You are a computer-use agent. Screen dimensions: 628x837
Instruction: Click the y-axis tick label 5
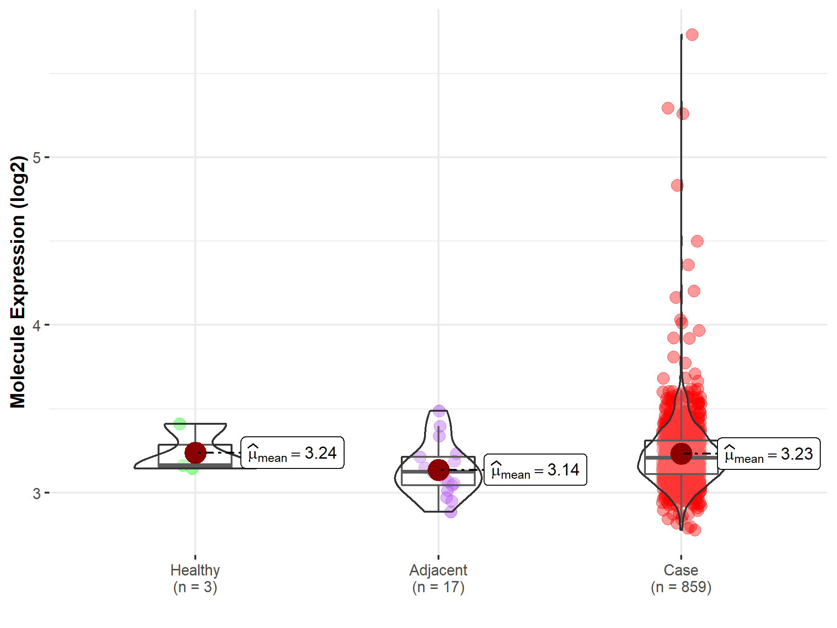click(x=36, y=158)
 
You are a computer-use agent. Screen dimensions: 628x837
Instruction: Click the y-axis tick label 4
click(x=36, y=325)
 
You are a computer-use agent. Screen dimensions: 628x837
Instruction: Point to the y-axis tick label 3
click(x=36, y=493)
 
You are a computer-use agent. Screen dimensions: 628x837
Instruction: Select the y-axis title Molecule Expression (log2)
click(x=18, y=282)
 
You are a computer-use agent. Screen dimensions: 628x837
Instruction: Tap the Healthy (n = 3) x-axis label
click(x=195, y=578)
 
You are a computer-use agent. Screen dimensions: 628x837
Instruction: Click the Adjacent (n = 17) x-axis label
click(x=438, y=578)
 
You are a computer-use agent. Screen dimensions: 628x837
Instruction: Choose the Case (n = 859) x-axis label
click(x=681, y=578)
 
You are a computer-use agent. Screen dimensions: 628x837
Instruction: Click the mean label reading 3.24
click(x=292, y=453)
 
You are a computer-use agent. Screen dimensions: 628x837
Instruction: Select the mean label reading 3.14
click(x=535, y=470)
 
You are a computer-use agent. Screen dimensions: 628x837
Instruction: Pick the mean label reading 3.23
click(x=769, y=454)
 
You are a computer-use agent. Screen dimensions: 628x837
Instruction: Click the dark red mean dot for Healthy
click(x=195, y=453)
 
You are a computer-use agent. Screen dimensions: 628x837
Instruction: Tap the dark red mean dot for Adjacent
click(x=438, y=470)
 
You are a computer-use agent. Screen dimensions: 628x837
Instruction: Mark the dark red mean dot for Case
click(x=681, y=454)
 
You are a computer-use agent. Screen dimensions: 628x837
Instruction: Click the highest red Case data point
click(x=692, y=34)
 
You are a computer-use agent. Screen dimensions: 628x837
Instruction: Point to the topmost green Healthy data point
click(x=179, y=424)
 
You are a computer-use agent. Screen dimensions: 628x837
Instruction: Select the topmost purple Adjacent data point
click(x=439, y=411)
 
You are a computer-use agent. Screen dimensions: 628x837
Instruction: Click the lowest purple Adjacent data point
click(x=451, y=512)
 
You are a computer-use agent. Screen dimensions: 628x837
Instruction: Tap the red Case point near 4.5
click(x=697, y=241)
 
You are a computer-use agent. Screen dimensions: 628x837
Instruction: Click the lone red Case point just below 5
click(x=677, y=186)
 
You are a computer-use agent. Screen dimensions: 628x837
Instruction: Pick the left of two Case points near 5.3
click(x=668, y=108)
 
